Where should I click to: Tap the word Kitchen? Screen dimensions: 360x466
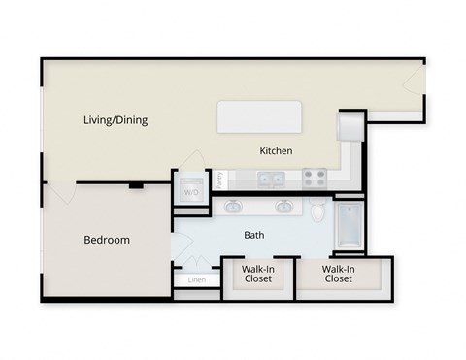click(x=276, y=150)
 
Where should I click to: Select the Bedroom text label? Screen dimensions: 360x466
click(x=107, y=240)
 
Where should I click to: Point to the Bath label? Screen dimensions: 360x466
click(x=254, y=234)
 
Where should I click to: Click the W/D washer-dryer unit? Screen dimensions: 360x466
click(x=190, y=191)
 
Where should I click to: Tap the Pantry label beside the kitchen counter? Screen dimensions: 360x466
click(x=220, y=180)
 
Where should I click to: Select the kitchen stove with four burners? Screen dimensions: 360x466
click(x=315, y=178)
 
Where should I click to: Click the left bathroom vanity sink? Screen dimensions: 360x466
click(x=234, y=206)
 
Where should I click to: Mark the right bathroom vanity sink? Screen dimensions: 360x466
click(x=284, y=206)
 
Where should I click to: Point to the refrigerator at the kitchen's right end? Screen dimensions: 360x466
click(x=349, y=126)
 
